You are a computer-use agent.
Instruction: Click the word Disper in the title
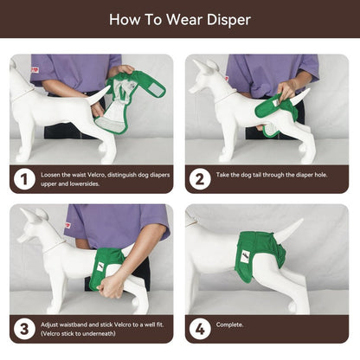point(228,20)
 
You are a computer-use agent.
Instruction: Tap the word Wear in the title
point(184,20)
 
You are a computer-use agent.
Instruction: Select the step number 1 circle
point(24,179)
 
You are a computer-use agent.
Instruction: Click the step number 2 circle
point(200,179)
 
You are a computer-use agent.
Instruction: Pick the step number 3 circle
point(24,329)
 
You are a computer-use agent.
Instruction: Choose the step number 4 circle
point(200,329)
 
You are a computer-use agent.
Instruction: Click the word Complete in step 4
point(229,325)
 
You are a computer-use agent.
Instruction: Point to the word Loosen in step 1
point(51,175)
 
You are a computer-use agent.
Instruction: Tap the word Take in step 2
point(222,175)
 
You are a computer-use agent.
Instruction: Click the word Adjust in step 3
point(49,325)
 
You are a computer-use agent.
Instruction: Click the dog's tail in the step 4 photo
point(288,230)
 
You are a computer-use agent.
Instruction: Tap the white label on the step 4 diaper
point(245,256)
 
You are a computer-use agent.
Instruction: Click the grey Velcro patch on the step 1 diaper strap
point(152,87)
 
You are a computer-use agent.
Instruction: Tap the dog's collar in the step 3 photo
point(55,247)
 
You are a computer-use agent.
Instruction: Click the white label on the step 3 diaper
point(100,267)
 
